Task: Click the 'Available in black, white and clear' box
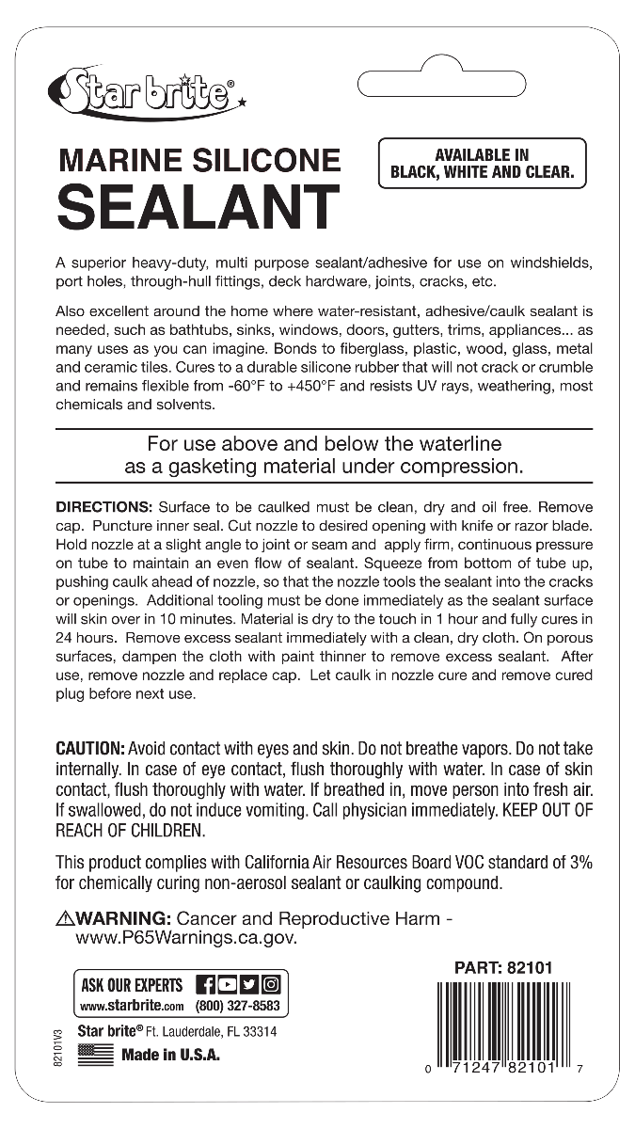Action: click(x=482, y=164)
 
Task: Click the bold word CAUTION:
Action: click(x=90, y=748)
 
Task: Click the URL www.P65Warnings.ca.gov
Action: click(x=186, y=938)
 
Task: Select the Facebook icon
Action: click(x=204, y=985)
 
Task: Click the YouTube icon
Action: click(x=227, y=985)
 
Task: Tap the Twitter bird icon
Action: click(x=248, y=985)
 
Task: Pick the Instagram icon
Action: click(x=270, y=985)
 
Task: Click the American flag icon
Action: click(x=95, y=1055)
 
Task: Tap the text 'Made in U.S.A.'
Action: click(x=170, y=1055)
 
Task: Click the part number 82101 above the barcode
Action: click(x=530, y=967)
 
